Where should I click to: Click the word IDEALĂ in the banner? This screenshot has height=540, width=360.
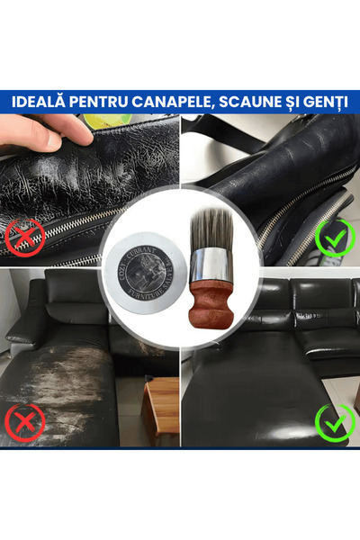40,101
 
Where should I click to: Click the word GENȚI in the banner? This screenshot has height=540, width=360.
324,101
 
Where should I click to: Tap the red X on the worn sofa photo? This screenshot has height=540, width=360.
25,422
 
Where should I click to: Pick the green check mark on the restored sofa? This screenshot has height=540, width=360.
335,422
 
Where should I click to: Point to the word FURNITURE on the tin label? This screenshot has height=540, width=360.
148,291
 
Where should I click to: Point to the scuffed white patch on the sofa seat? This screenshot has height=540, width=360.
63,360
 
